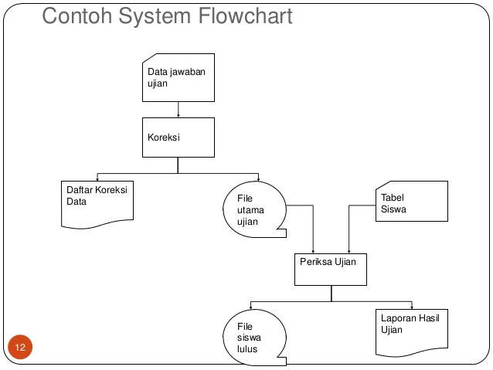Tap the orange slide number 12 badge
point(20,348)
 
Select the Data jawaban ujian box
point(178,77)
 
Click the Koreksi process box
point(178,137)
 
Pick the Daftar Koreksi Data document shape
point(97,202)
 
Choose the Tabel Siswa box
point(411,202)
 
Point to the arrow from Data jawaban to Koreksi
point(178,109)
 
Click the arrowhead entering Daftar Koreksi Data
point(97,178)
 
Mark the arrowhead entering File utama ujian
point(258,178)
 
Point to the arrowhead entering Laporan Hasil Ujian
point(412,306)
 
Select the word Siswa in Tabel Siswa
point(393,209)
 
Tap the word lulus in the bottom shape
point(247,349)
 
